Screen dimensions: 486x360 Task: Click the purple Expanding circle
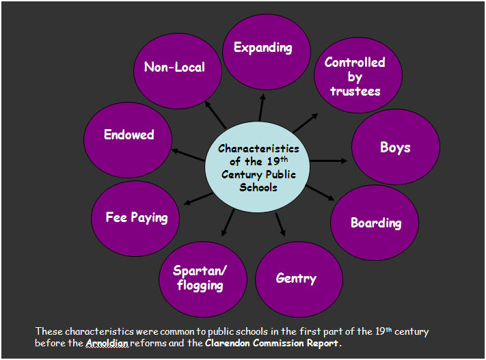click(267, 52)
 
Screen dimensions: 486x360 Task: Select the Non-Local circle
click(178, 71)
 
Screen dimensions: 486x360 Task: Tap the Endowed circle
click(128, 140)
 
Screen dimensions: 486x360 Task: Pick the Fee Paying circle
click(135, 219)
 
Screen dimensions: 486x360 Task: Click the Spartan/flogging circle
click(203, 279)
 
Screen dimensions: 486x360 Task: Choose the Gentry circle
click(299, 279)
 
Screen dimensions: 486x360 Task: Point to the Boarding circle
click(375, 223)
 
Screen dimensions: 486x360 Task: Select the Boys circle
click(396, 147)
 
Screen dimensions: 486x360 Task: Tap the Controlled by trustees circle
click(358, 75)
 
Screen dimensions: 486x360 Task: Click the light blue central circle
click(257, 167)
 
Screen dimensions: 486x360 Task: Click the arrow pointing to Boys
click(329, 161)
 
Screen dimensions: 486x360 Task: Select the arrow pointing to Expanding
click(261, 107)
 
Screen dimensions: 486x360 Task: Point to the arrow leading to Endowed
click(188, 155)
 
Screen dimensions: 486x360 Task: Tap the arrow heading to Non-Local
click(215, 115)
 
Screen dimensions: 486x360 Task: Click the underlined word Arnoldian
click(107, 343)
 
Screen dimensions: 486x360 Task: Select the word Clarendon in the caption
click(227, 343)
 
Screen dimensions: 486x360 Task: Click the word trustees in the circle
click(355, 91)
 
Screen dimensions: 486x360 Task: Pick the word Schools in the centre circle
click(258, 187)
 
